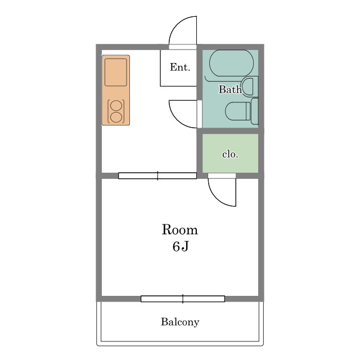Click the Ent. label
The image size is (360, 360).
180,67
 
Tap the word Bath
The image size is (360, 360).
230,89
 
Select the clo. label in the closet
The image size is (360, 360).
230,154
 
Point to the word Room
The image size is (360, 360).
180,229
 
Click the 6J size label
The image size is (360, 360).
181,246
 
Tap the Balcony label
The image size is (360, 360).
180,322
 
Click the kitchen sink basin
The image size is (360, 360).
116,73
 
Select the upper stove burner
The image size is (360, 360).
116,105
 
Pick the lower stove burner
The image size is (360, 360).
116,117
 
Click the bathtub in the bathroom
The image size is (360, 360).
231,63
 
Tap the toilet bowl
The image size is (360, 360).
237,111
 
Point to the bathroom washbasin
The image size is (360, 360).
248,87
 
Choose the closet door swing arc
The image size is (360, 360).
217,198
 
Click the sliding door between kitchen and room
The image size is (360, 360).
157,176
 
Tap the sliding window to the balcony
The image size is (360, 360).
183,299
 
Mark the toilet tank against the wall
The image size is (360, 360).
255,111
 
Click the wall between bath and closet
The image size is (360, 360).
230,131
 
